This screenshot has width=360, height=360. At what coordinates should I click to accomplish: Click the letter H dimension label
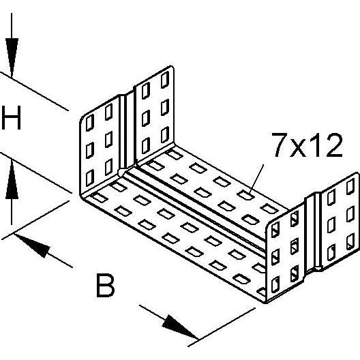11,117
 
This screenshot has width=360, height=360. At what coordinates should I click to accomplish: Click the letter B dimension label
105,285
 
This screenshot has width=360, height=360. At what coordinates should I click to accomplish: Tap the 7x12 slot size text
307,145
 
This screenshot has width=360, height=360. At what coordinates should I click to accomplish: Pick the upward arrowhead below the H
12,179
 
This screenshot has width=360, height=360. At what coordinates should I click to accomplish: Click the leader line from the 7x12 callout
256,180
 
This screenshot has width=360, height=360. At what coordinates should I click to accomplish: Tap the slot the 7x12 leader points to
245,195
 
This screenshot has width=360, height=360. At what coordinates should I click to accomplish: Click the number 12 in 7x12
325,145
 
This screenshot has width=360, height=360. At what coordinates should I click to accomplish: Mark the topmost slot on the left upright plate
165,80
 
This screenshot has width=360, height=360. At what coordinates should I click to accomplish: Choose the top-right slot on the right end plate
350,186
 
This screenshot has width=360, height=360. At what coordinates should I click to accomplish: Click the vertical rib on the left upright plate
123,132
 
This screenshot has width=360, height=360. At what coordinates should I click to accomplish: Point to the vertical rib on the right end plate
318,230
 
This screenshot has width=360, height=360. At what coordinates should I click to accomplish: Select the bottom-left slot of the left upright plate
90,178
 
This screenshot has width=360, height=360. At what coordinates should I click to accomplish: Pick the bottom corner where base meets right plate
266,303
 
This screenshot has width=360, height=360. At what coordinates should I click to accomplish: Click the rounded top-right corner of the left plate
172,68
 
